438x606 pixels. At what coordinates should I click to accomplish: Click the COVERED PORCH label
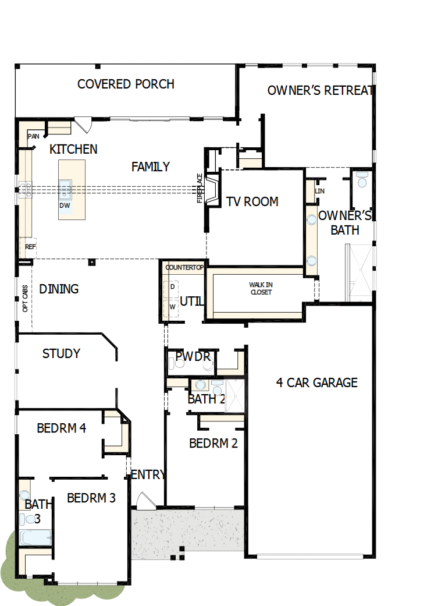point(126,84)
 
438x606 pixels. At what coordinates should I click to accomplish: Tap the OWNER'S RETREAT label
point(319,90)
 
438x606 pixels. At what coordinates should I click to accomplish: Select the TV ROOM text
point(252,201)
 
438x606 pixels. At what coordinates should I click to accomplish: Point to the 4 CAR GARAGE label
point(316,382)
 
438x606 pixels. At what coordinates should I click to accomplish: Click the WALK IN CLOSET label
point(261,289)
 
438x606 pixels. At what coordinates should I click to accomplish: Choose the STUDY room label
point(61,353)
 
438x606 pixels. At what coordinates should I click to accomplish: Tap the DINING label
point(59,289)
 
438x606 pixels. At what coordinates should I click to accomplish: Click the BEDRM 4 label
point(61,428)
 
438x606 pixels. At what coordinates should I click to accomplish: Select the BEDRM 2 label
point(213,443)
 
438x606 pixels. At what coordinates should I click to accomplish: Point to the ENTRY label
point(148,474)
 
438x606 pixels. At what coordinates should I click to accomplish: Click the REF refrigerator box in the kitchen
point(30,247)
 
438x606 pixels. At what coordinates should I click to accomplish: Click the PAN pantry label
point(33,136)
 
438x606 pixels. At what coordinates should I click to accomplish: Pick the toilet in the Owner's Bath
point(362,180)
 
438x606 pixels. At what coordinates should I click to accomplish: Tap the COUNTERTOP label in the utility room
point(184,267)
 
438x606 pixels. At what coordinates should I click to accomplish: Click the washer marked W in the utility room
point(172,306)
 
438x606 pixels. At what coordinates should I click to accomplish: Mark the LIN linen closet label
point(319,191)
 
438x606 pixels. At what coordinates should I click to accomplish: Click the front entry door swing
point(143,500)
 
